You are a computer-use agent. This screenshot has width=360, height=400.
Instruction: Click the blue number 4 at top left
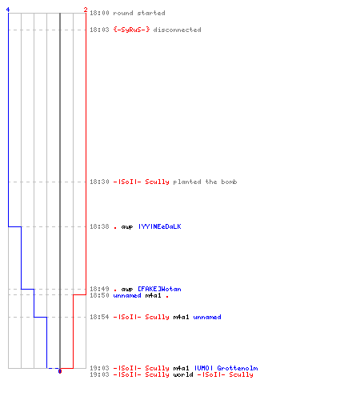click(x=8, y=10)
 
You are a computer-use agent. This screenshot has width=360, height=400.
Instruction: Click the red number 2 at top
click(x=86, y=10)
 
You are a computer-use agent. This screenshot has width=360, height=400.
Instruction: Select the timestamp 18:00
click(x=99, y=13)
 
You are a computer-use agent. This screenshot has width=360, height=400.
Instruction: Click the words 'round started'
click(x=139, y=13)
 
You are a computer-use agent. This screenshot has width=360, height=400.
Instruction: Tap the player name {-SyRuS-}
click(x=131, y=30)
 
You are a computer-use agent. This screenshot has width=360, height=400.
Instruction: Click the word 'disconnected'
click(x=177, y=30)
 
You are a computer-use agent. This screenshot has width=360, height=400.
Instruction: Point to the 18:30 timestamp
click(x=99, y=182)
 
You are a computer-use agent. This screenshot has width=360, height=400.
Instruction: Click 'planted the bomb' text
click(x=205, y=182)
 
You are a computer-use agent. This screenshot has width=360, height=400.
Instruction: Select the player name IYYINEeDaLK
click(x=159, y=226)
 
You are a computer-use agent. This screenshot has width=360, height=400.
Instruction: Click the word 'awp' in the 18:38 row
click(x=127, y=227)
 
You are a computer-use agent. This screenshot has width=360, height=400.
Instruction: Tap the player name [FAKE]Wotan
click(x=159, y=289)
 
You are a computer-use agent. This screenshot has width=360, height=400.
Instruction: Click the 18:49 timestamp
click(x=99, y=289)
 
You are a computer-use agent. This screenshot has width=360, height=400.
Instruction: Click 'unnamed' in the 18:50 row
click(x=127, y=295)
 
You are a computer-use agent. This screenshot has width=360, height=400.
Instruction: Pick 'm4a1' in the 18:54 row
click(x=181, y=317)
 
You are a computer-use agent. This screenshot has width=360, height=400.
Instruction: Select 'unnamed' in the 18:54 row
click(x=207, y=317)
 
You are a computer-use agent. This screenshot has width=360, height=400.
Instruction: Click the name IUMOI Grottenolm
click(x=226, y=368)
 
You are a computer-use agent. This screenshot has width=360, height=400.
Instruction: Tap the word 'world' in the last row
click(x=183, y=374)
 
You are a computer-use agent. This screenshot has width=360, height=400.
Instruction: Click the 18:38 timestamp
click(x=99, y=226)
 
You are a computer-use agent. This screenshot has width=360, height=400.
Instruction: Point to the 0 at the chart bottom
click(x=60, y=371)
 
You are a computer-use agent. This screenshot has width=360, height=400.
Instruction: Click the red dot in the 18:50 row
click(x=167, y=297)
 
